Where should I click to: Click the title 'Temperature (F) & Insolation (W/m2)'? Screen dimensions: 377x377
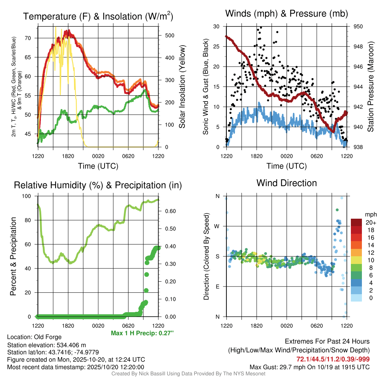(x=98, y=17)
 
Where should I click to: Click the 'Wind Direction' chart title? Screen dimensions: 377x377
(x=286, y=183)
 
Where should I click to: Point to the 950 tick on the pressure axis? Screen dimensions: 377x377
(x=358, y=27)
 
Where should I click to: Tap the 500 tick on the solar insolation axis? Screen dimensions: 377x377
(x=169, y=36)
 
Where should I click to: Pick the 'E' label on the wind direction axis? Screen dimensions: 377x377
(x=217, y=286)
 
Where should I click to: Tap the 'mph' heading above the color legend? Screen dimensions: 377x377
(x=370, y=214)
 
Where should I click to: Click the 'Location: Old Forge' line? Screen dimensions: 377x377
(x=34, y=337)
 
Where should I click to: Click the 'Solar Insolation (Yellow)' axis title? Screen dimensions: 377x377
(x=182, y=87)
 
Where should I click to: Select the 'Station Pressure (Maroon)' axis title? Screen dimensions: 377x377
(x=371, y=87)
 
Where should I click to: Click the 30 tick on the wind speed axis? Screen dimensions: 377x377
(x=216, y=27)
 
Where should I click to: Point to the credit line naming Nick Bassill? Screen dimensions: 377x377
(x=188, y=374)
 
